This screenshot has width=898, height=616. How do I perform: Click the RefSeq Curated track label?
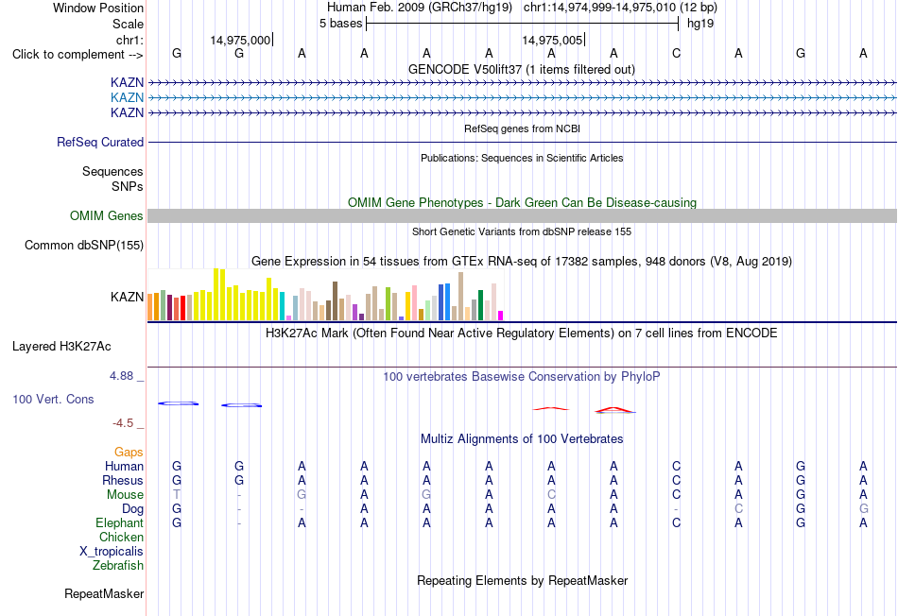point(100,142)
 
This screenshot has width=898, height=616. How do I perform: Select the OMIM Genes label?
point(107,215)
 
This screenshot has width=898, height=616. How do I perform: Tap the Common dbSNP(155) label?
point(84,245)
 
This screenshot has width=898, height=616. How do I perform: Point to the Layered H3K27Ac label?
point(61,347)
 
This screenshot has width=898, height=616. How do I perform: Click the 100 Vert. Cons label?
point(53,399)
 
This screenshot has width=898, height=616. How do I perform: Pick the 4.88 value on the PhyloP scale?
point(121,376)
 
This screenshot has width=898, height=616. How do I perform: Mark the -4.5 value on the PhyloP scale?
point(123,423)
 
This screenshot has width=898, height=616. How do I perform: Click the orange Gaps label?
point(129,453)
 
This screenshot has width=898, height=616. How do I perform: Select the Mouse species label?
point(125,495)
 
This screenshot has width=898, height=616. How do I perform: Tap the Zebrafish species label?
point(118,566)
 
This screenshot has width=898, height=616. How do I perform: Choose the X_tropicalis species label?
point(112,552)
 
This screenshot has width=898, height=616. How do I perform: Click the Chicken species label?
point(121,537)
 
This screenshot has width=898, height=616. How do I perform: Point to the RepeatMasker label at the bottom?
point(104,594)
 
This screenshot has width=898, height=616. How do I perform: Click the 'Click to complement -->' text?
point(78,55)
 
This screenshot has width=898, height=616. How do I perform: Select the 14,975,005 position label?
point(552,40)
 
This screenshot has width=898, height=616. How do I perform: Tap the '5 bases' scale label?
point(340,24)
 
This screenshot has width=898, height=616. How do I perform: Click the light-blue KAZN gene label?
point(128,97)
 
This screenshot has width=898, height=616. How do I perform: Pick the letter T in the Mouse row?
point(177,495)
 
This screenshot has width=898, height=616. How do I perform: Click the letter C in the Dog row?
point(739,509)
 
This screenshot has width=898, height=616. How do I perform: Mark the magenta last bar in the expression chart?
point(501,316)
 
